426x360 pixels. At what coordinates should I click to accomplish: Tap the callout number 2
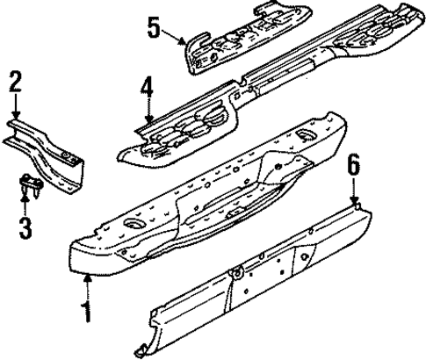coord(14,83)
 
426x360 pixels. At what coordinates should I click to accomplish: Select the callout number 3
coord(25,230)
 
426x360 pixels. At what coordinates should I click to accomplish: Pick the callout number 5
coord(155,28)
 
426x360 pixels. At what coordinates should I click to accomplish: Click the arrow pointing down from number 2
coord(15,111)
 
